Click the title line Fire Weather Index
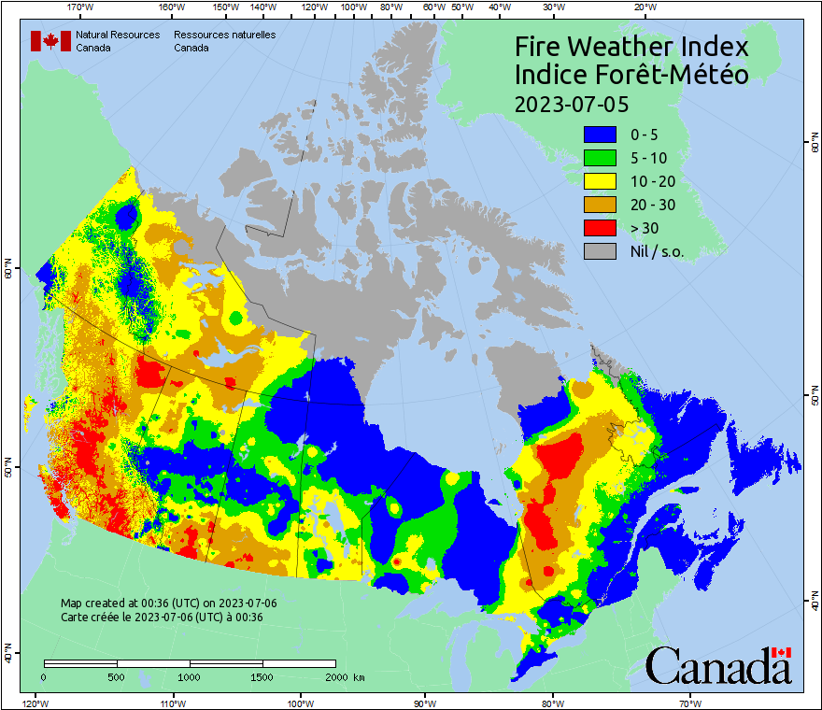pyautogui.click(x=631, y=47)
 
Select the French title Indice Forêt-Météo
pyautogui.click(x=631, y=75)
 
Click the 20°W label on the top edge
pyautogui.click(x=643, y=7)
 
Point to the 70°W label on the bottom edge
pyautogui.click(x=689, y=703)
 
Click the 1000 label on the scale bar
pyautogui.click(x=190, y=676)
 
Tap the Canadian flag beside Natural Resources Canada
pyautogui.click(x=50, y=41)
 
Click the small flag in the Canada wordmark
pyautogui.click(x=782, y=652)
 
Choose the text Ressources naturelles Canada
pyautogui.click(x=224, y=41)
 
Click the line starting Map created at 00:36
pyautogui.click(x=168, y=603)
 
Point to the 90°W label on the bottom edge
pyautogui.click(x=425, y=703)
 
